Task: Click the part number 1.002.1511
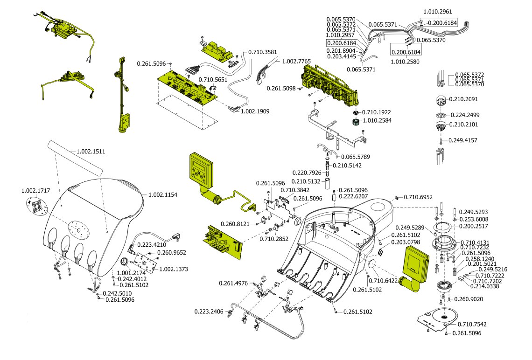(x=91, y=152)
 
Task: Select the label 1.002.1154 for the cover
(x=163, y=194)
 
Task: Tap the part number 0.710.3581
(x=263, y=52)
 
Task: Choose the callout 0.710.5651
(x=213, y=80)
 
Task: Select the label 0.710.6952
(x=418, y=197)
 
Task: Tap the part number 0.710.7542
(x=472, y=324)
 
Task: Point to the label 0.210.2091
(x=463, y=99)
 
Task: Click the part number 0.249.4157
(x=463, y=140)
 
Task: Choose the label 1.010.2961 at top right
(x=437, y=11)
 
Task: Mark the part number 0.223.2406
(x=209, y=311)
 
